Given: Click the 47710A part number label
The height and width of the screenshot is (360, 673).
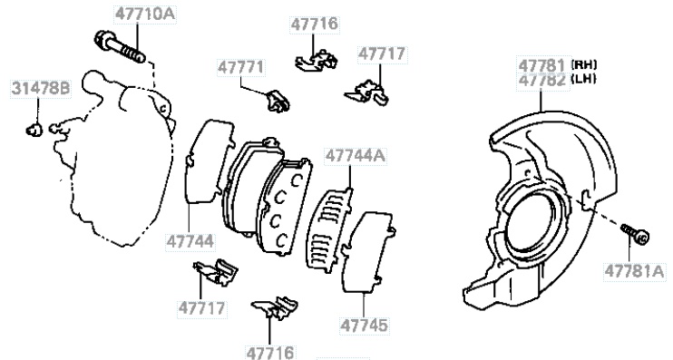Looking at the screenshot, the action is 145,15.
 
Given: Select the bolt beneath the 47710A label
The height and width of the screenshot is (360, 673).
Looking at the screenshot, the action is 120,48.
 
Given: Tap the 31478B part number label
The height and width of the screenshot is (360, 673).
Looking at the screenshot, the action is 41,89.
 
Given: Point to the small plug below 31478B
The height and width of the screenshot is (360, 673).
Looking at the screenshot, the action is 34,129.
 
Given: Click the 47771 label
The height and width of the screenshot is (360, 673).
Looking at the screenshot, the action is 241,68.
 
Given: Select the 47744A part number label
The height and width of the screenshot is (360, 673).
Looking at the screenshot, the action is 356,156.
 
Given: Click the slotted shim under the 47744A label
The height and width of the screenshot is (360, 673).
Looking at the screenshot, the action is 328,230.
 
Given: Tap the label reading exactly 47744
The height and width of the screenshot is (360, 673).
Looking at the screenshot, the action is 190,241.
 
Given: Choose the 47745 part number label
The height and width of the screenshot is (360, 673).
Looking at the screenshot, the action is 364,325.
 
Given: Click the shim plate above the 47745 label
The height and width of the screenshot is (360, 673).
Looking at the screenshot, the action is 368,252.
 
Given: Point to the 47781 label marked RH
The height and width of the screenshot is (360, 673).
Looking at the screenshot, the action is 543,65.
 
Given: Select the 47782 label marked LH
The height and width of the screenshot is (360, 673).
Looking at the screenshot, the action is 543,80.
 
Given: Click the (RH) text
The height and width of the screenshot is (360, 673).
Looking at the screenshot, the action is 584,64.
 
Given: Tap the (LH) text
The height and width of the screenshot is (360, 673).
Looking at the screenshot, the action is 584,79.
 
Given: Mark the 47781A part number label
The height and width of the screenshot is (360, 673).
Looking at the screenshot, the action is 634,271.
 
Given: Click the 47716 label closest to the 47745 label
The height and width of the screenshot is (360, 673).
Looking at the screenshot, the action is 270,353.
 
